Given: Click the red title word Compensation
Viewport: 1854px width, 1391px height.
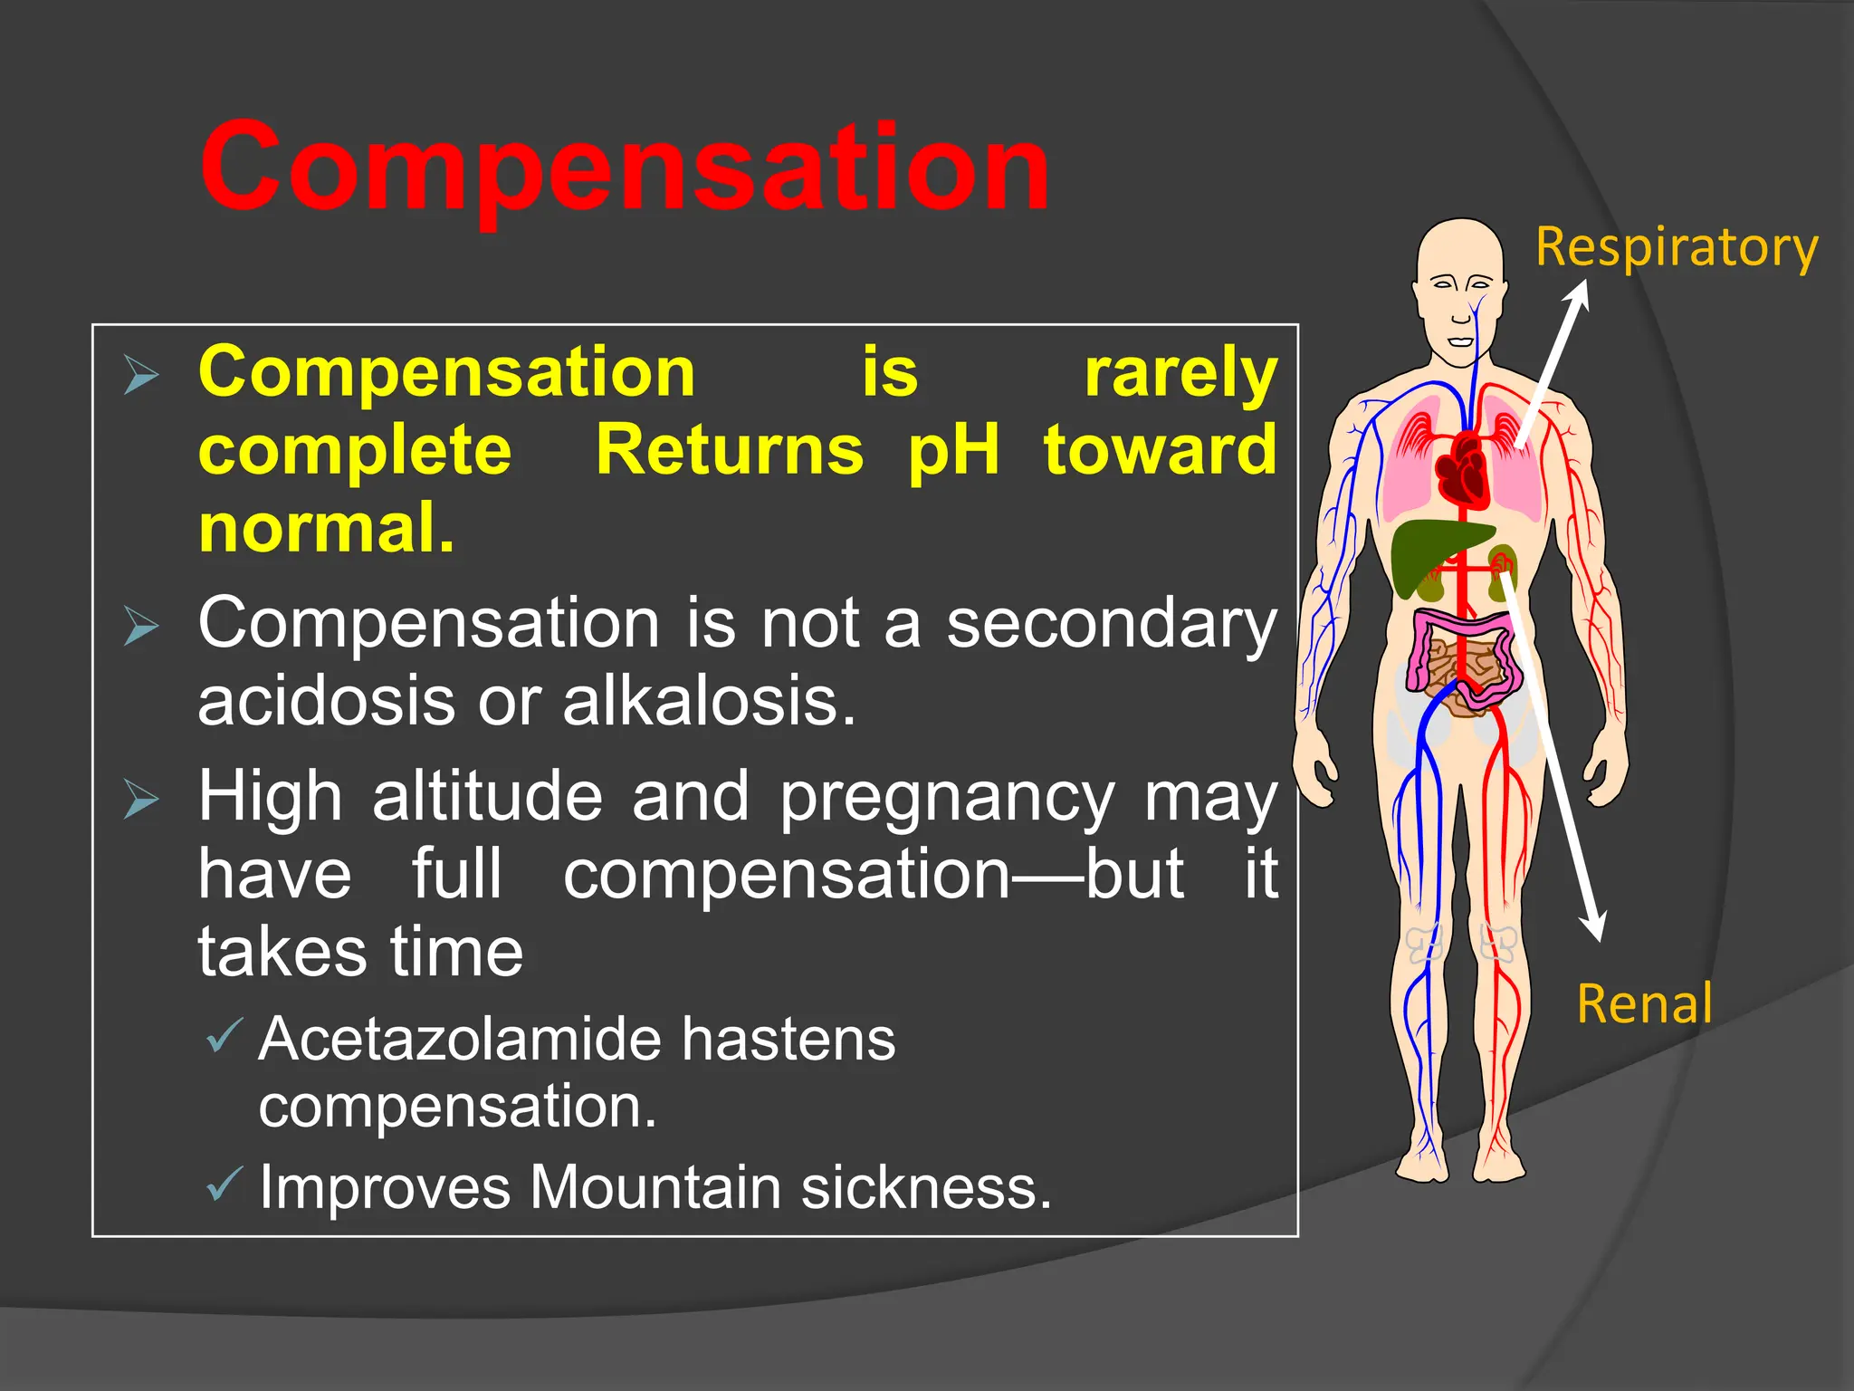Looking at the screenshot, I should click(625, 168).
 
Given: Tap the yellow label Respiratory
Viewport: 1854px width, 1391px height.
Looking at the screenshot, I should click(1677, 248).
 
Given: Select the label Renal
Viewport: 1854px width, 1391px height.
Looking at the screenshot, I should click(1644, 1004).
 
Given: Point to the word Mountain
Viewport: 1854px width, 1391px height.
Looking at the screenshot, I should click(655, 1186).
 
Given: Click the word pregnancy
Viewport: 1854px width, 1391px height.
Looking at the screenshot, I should click(947, 798).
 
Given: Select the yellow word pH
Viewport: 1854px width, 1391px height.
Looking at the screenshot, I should click(953, 449).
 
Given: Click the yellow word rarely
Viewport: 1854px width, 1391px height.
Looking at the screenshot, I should click(1180, 372).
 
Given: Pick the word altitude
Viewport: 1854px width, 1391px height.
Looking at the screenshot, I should click(487, 797).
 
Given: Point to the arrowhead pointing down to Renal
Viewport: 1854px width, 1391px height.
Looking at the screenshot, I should click(1592, 926).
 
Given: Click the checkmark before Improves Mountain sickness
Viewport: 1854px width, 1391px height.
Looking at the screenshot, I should click(225, 1184).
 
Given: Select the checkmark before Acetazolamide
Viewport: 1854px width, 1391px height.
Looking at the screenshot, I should click(225, 1035).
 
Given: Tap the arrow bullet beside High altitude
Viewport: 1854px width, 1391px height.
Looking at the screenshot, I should click(142, 799).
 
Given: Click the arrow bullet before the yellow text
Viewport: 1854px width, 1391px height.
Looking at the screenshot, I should click(142, 374).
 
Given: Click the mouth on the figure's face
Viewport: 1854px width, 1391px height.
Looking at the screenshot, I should click(1459, 341).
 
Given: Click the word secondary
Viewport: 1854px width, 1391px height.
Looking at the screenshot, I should click(1112, 625).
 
